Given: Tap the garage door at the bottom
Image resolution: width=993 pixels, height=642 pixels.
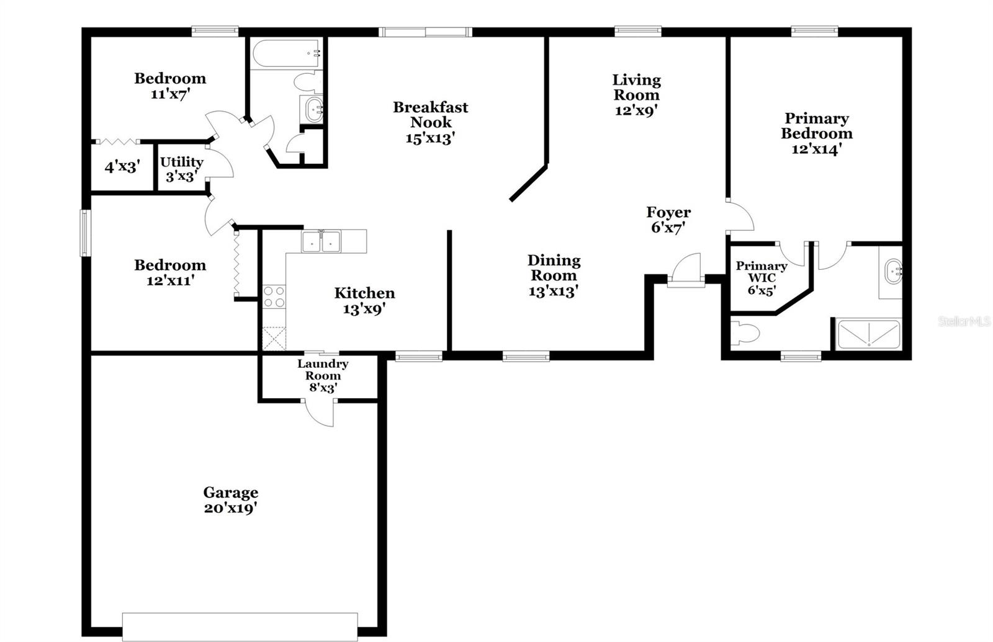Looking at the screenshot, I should [x=240, y=626].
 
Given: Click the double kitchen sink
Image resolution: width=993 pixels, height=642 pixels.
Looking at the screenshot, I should [x=321, y=241].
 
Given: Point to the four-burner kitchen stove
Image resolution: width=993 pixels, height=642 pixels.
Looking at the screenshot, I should [x=274, y=296].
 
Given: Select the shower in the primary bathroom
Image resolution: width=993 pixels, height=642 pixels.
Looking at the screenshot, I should [x=868, y=334].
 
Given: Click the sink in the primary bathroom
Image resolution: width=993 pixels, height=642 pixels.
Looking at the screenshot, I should [x=892, y=272].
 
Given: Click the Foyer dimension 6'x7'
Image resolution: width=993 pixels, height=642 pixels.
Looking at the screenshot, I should [x=668, y=228].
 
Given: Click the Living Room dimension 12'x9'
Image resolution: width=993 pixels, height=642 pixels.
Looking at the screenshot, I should [x=636, y=110].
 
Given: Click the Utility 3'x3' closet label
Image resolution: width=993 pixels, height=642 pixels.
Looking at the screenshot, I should [x=181, y=169].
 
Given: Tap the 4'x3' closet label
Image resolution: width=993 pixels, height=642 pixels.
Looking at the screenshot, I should [x=122, y=167].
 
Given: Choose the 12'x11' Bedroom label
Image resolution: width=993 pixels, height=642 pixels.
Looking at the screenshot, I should [x=170, y=272].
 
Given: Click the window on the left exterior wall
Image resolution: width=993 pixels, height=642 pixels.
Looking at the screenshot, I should [x=85, y=233].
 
